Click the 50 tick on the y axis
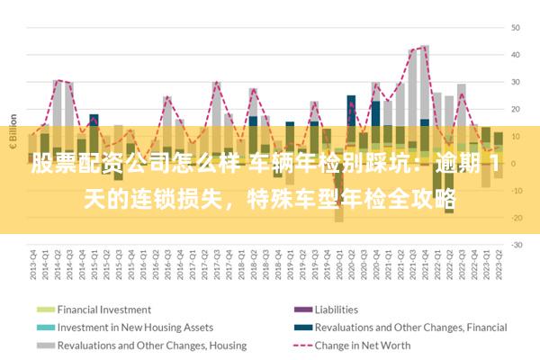[517, 27]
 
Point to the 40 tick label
[517, 54]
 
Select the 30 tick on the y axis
[517, 82]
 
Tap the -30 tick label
[517, 245]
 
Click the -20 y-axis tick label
[517, 218]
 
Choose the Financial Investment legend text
[104, 309]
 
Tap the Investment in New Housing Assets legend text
[135, 327]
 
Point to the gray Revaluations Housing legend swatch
[45, 345]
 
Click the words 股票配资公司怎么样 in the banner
[136, 165]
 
